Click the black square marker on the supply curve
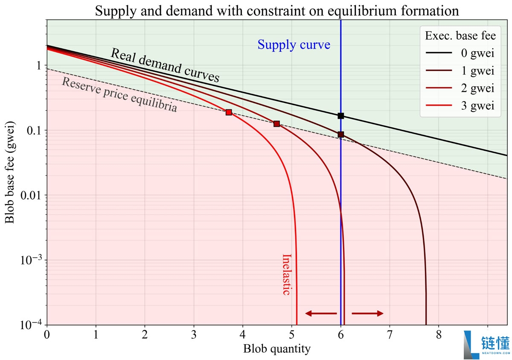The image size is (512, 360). (340, 116)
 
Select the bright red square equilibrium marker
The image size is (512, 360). (229, 112)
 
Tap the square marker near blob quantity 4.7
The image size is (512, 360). (276, 124)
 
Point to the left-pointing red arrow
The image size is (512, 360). (321, 313)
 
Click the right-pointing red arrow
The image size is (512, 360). (367, 313)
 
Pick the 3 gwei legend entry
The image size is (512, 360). (460, 106)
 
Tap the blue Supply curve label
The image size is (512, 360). (294, 44)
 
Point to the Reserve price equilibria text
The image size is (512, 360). (119, 95)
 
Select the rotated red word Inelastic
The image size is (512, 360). (287, 275)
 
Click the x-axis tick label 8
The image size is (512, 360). (439, 334)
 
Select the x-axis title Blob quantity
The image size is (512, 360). (277, 349)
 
